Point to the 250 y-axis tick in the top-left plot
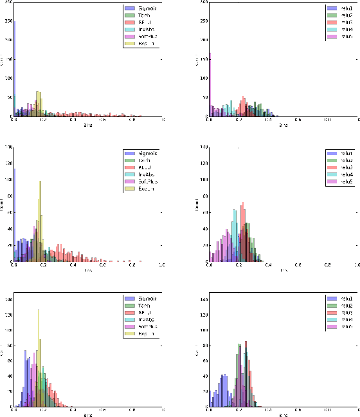point(8,21)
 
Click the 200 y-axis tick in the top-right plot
point(203,41)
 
